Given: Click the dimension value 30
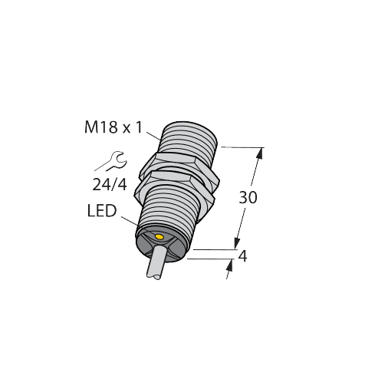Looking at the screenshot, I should click(248, 197).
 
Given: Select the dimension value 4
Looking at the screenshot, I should click(243, 257).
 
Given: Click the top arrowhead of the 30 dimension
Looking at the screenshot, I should click(259, 153).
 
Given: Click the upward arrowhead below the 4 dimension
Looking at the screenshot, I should click(228, 266).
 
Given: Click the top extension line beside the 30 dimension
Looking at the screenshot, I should click(242, 147).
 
